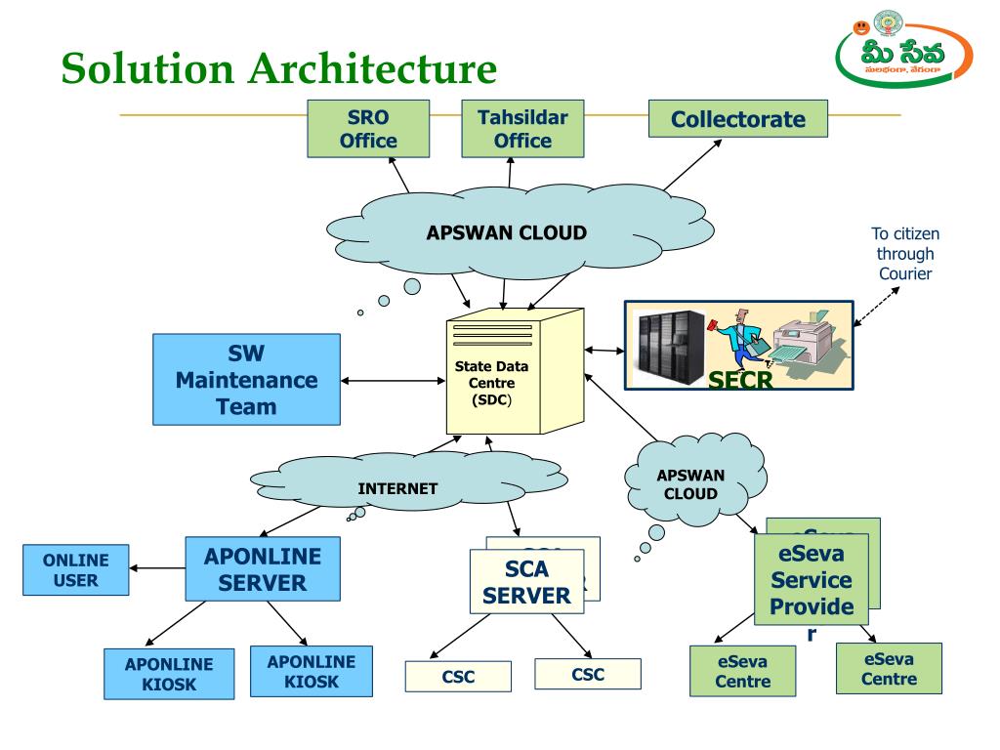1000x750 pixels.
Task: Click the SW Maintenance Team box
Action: pos(246,379)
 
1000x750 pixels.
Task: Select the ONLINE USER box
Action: pos(75,570)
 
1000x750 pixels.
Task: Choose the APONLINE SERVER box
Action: pos(262,570)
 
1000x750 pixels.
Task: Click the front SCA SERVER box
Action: pos(525,582)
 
